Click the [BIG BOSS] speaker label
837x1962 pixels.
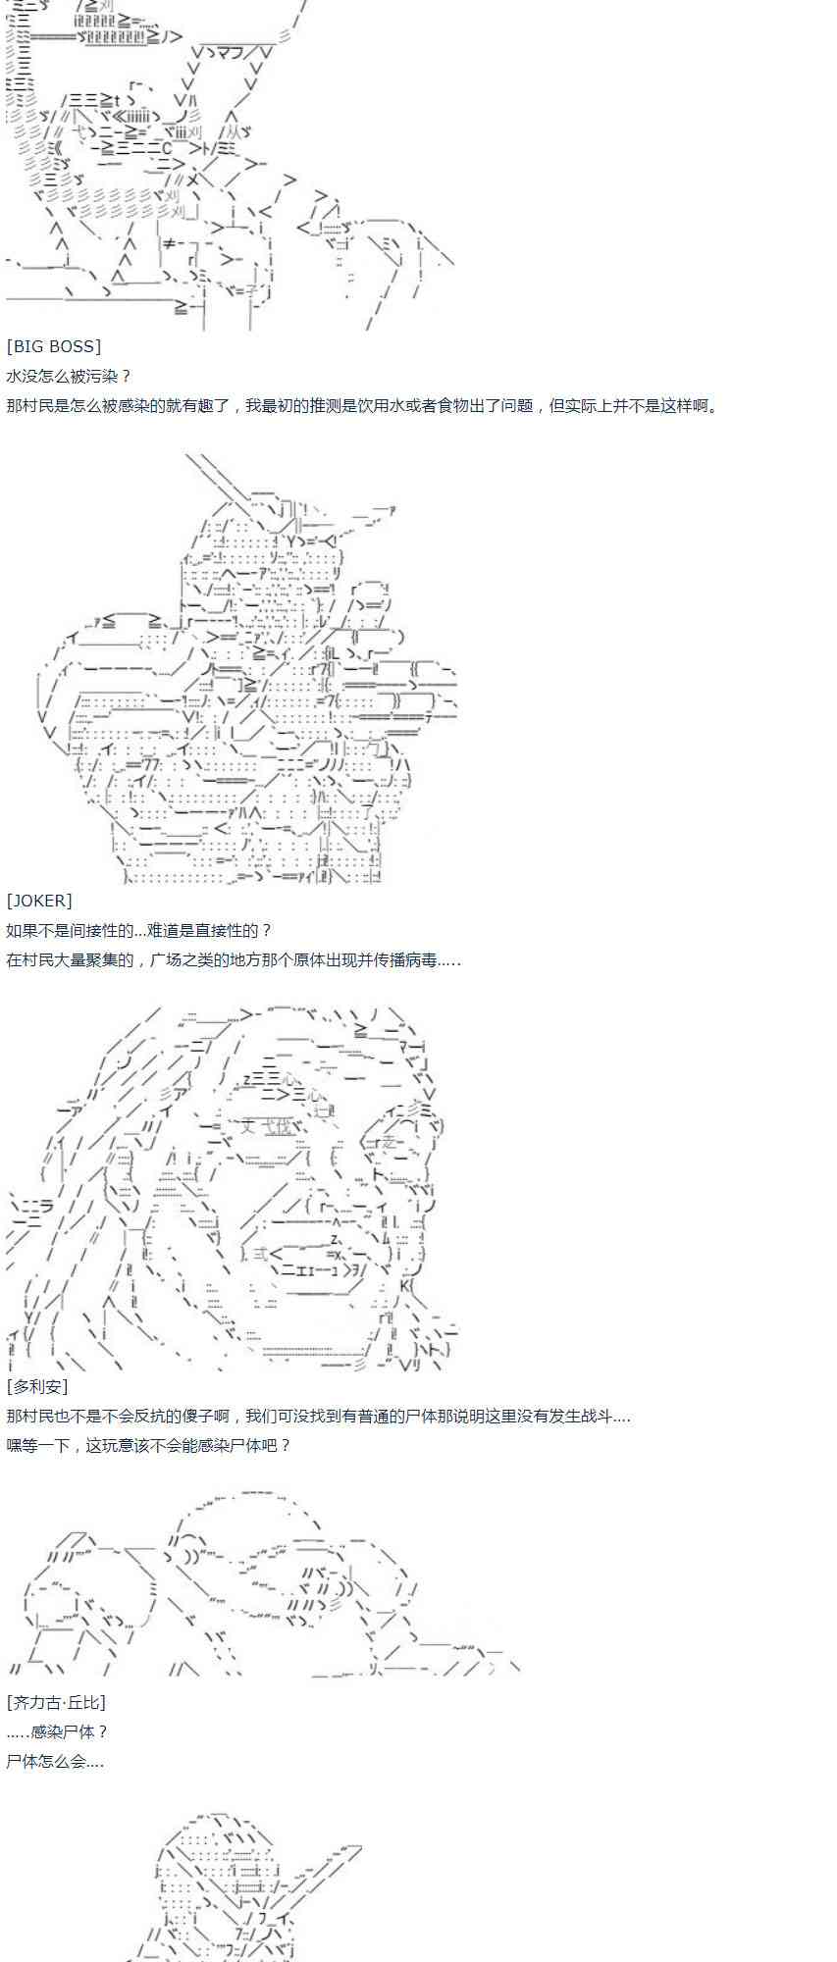pyautogui.click(x=54, y=346)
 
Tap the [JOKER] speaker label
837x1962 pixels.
pyautogui.click(x=39, y=901)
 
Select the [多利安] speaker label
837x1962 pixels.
pyautogui.click(x=37, y=1386)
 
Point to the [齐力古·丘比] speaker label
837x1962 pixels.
pyautogui.click(x=56, y=1702)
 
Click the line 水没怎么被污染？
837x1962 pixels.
pyautogui.click(x=69, y=376)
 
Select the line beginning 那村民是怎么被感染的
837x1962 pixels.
pyautogui.click(x=362, y=405)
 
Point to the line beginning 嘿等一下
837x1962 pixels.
pyautogui.click(x=148, y=1445)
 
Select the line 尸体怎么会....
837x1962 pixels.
pyautogui.click(x=55, y=1761)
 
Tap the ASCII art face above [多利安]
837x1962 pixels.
pyautogui.click(x=231, y=1187)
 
